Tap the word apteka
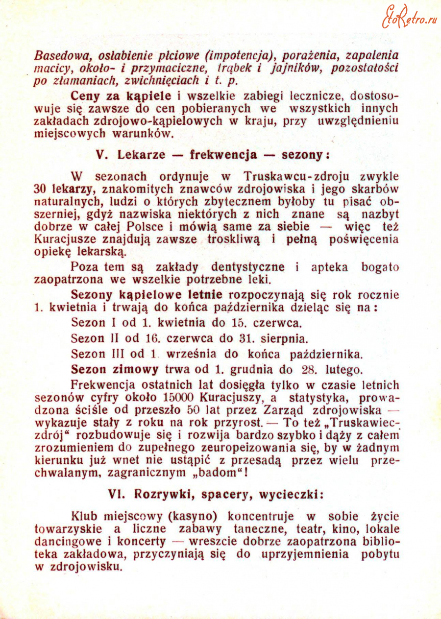[330, 267]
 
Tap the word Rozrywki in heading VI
[153, 494]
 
